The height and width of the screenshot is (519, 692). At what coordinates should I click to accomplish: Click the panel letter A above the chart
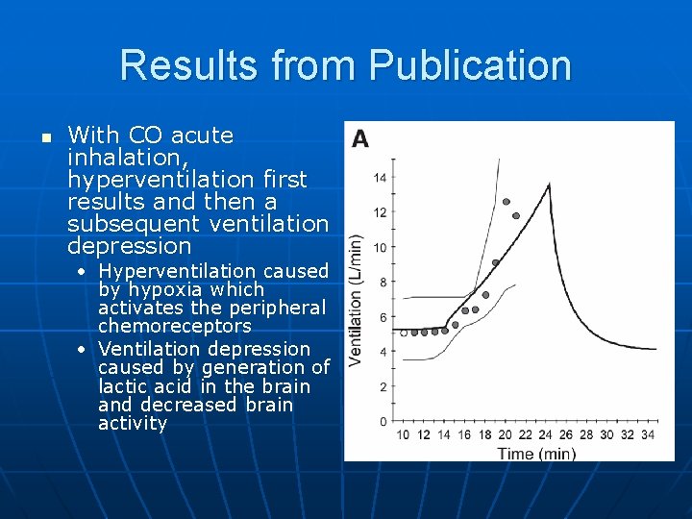click(360, 139)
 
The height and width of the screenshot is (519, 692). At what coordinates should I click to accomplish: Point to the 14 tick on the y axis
click(381, 178)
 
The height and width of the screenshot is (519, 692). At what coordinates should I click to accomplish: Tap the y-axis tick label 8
click(383, 283)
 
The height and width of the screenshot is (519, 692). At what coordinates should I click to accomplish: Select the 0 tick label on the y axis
click(383, 422)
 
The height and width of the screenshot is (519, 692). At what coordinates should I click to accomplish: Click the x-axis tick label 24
click(545, 435)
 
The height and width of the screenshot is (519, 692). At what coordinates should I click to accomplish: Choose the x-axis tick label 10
click(403, 435)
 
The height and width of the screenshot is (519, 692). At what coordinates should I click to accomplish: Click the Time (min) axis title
click(536, 452)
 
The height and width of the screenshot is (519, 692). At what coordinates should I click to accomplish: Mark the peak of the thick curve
click(548, 185)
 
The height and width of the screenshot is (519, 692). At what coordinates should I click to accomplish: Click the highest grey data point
click(506, 202)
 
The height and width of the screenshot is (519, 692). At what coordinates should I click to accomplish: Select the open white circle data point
click(403, 334)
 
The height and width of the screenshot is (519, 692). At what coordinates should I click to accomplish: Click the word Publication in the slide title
click(470, 65)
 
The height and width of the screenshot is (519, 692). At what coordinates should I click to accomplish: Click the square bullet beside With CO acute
click(44, 137)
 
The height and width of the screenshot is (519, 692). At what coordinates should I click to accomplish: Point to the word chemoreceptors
click(174, 326)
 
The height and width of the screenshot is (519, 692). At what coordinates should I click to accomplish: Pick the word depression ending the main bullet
click(130, 246)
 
